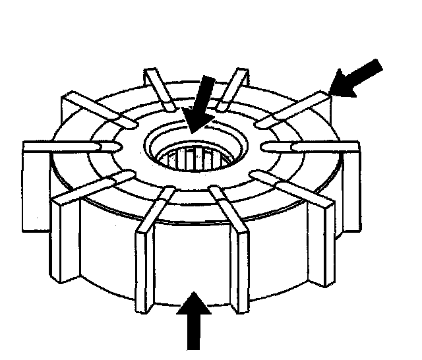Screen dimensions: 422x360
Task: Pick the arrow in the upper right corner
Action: [357, 78]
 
